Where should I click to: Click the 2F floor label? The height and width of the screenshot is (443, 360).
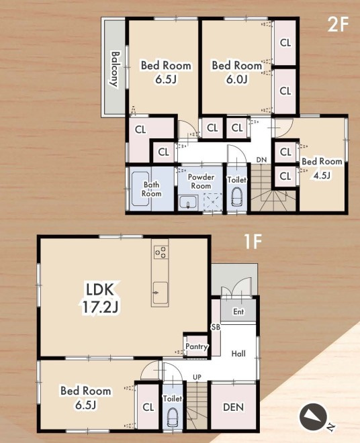[338, 24]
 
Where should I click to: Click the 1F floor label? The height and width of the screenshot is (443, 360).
[253, 242]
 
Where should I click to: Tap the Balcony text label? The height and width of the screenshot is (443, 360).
[115, 68]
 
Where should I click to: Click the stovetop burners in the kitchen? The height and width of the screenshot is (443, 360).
[161, 252]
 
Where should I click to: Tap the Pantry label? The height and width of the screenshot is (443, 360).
[197, 346]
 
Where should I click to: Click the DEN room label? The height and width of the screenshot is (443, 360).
[233, 407]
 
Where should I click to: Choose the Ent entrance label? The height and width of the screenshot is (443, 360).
[238, 311]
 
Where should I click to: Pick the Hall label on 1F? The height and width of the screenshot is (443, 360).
[238, 354]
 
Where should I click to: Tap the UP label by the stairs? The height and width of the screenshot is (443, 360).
[197, 377]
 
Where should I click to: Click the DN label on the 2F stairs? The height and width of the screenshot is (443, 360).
[261, 160]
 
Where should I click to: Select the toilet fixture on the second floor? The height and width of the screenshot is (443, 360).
[236, 197]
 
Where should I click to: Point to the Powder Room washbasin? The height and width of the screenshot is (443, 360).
[188, 202]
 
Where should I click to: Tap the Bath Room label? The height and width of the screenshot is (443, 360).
[152, 189]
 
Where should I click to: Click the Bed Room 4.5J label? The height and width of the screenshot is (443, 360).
[322, 168]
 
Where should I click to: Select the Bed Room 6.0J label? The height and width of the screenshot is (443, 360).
[237, 72]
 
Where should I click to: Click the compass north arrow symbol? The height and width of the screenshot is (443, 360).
[313, 417]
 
